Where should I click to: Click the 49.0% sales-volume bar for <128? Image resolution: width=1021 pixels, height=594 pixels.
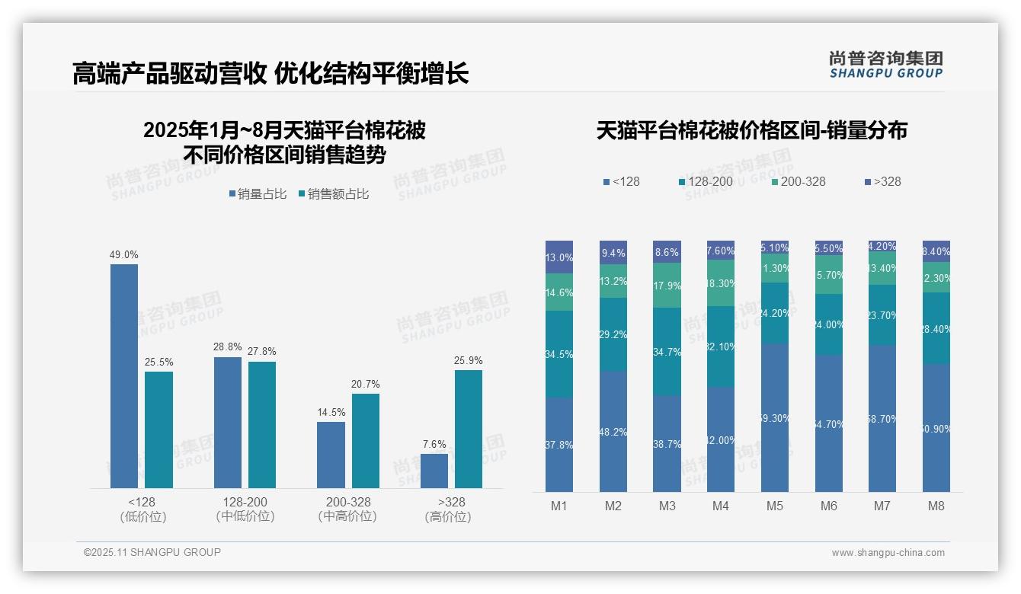(x=124, y=375)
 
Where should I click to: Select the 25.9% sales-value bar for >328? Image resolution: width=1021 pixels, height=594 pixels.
(x=468, y=429)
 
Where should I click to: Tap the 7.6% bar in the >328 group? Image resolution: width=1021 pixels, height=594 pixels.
(x=434, y=471)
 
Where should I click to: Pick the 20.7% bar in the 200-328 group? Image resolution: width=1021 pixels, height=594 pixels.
(x=365, y=440)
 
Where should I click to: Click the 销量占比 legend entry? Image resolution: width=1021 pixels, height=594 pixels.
(x=258, y=194)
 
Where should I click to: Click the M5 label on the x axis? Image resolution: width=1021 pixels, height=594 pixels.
(x=775, y=506)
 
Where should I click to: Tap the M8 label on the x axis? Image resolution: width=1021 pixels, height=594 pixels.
(x=936, y=506)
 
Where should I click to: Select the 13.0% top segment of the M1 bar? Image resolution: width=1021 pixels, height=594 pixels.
(x=559, y=257)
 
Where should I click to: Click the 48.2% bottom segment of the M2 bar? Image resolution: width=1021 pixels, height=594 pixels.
(x=613, y=431)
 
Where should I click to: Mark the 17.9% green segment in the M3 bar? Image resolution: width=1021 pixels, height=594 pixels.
(x=667, y=285)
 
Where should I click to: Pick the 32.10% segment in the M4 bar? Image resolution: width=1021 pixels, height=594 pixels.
(x=721, y=346)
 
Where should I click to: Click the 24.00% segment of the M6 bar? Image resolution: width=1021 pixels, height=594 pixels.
(x=829, y=324)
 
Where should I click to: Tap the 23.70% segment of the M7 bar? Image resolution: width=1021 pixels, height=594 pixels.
(x=882, y=315)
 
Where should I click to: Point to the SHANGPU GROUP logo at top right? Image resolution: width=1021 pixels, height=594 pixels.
(x=885, y=65)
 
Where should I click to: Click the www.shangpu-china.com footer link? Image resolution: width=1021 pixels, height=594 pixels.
(x=888, y=553)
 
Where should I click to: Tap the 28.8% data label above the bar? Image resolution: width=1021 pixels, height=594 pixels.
(x=228, y=347)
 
